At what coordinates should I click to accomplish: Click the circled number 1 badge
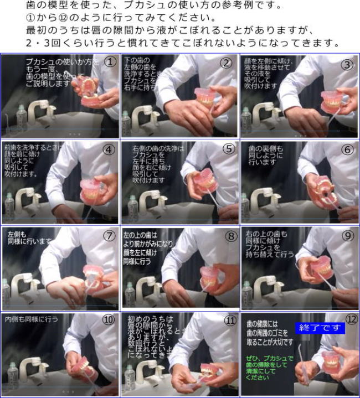110,62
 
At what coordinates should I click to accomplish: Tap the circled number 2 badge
226,63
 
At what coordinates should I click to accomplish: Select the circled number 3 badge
347,64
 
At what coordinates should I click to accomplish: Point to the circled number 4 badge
109,149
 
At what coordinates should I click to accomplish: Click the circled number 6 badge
347,149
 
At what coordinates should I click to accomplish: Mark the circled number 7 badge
109,235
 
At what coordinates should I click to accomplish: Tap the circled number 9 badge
347,235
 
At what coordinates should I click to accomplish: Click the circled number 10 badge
108,319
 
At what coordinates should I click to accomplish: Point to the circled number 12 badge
351,319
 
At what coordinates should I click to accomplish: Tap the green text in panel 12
270,365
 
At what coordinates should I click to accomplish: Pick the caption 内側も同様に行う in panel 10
32,319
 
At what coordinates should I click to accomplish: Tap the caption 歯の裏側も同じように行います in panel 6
265,156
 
